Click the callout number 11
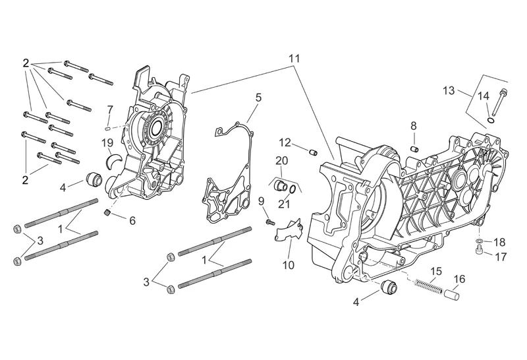pyautogui.click(x=294, y=59)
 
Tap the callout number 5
pyautogui.click(x=258, y=98)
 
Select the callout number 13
pyautogui.click(x=449, y=90)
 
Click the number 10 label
pyautogui.click(x=289, y=266)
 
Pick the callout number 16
pyautogui.click(x=459, y=279)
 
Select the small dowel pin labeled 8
pyautogui.click(x=415, y=148)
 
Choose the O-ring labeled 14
pyautogui.click(x=491, y=121)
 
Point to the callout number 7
pyautogui.click(x=110, y=109)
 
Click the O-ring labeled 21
pyautogui.click(x=291, y=189)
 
